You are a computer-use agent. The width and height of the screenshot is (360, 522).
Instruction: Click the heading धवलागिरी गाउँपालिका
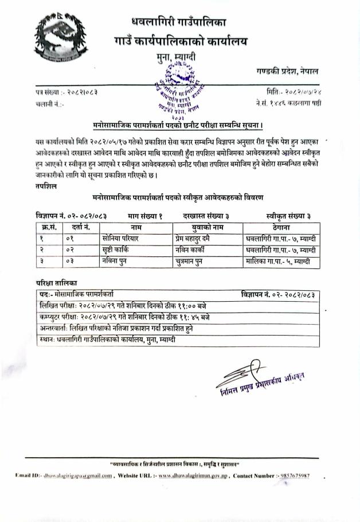(x=179, y=22)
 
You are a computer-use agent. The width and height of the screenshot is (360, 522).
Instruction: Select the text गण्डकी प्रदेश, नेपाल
(x=287, y=71)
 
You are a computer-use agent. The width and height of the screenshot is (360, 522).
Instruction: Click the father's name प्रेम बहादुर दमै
(x=197, y=238)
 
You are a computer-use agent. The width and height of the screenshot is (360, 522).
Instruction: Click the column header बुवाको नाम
(x=207, y=227)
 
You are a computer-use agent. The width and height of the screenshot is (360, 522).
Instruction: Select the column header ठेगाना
(x=280, y=227)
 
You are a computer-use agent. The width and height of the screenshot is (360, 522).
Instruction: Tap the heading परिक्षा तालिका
(x=56, y=283)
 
